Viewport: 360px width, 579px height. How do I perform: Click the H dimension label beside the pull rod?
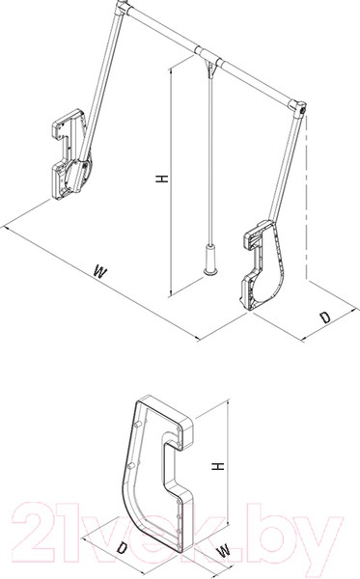162,179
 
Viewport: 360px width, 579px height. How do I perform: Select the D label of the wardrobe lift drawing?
325,317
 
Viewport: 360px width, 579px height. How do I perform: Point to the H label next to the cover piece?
218,466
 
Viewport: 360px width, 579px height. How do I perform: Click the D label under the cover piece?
122,548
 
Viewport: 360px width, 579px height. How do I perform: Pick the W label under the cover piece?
224,551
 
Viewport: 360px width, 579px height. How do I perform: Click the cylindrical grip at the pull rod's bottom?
210,260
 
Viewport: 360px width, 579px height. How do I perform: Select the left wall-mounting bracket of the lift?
71,154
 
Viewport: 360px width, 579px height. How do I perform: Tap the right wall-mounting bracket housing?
263,265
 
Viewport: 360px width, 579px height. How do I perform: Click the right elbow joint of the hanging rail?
299,108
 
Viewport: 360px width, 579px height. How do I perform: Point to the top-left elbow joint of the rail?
123,8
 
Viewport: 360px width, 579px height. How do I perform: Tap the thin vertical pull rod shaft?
210,160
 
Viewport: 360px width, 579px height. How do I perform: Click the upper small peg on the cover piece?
139,424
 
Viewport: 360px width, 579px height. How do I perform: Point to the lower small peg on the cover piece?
130,466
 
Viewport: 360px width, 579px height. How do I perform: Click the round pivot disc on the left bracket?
77,175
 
